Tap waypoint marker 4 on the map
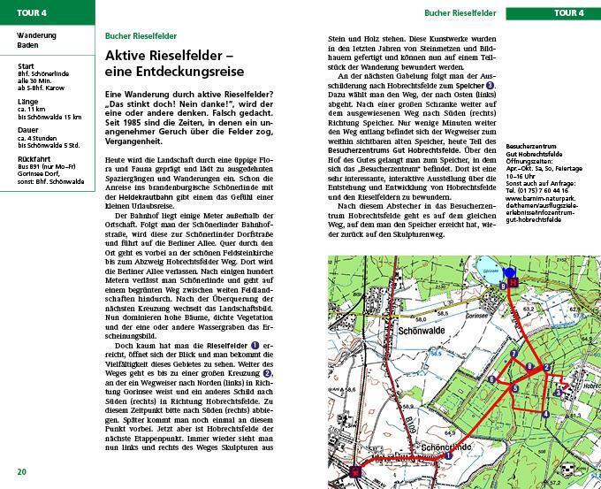(545, 413)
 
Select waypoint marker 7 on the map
(514, 355)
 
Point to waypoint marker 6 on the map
(491, 378)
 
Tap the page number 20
(21, 471)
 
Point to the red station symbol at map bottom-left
(355, 472)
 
